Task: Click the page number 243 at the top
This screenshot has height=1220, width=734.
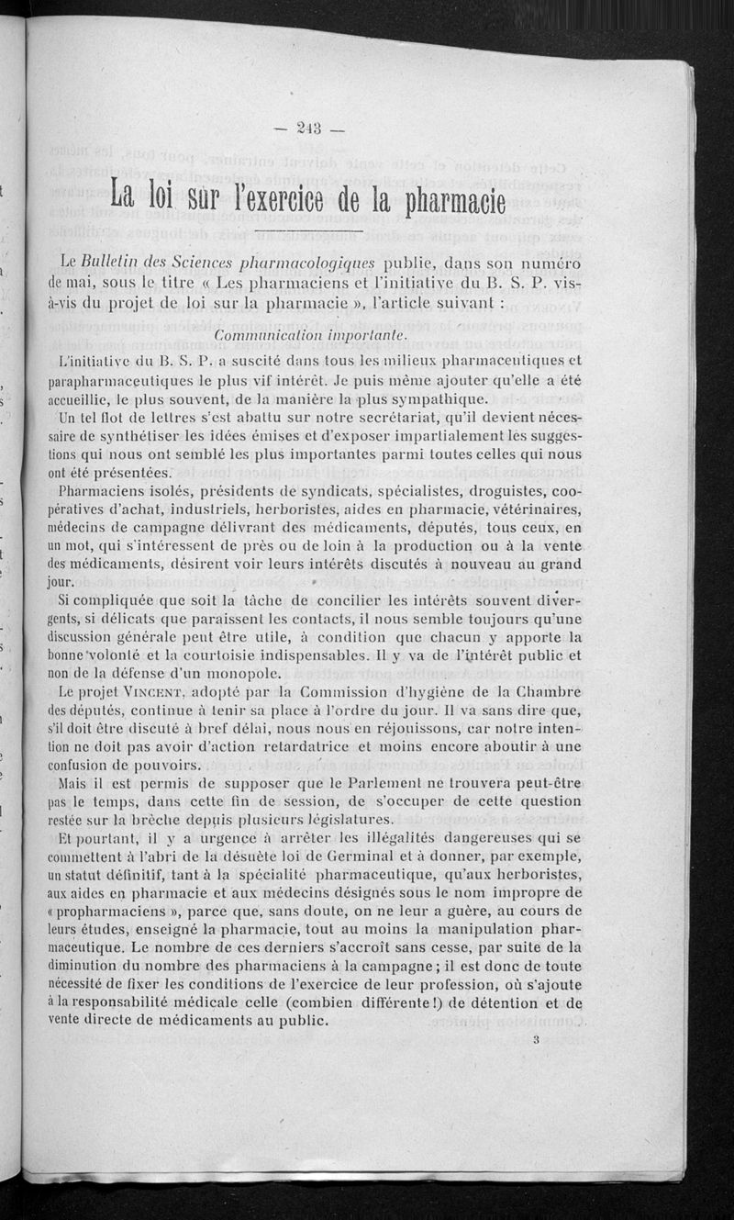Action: (x=308, y=129)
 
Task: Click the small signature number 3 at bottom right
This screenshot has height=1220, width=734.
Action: (x=535, y=1040)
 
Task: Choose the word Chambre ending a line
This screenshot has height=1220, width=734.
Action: (x=547, y=691)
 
